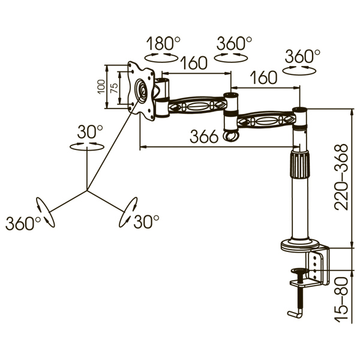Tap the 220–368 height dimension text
341,176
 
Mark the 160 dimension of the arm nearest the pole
264,77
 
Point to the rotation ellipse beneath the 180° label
163,56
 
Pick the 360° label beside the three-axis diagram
22,223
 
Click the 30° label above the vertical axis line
90,131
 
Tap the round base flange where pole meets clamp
301,244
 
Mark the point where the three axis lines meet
88,191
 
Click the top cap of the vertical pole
299,110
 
